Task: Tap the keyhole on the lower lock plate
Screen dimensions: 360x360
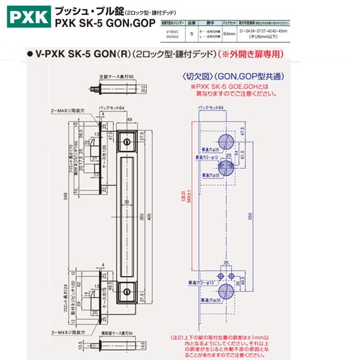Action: point(128,292)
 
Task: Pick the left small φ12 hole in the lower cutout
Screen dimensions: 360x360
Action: point(220,275)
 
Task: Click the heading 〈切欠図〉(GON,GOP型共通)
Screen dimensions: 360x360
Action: point(232,76)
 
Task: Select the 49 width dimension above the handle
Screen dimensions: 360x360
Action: point(129,119)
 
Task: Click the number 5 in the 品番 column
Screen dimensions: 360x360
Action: point(192,33)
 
